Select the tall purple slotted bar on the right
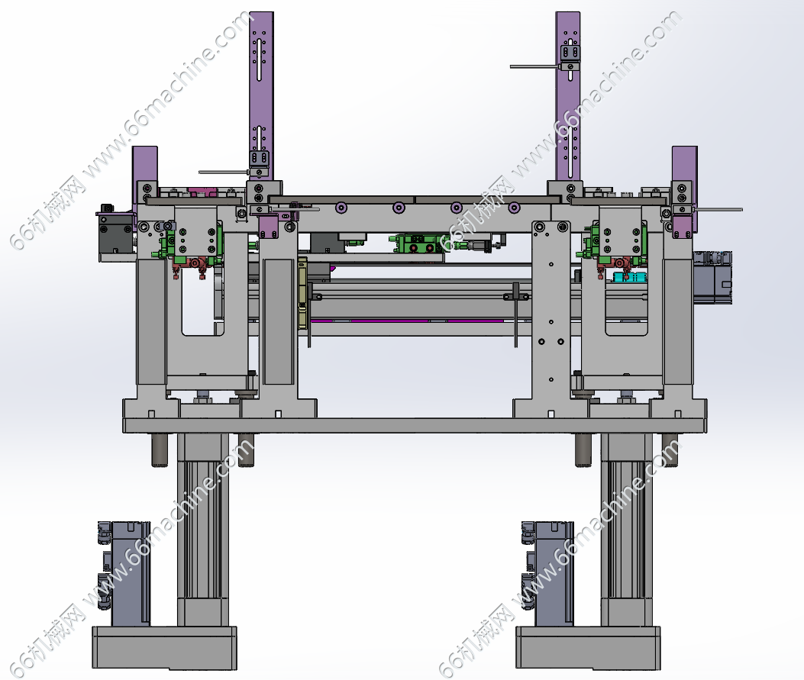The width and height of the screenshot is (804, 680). (568, 98)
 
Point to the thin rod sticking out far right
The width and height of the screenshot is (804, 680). (717, 209)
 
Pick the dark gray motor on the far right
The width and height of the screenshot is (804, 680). (712, 279)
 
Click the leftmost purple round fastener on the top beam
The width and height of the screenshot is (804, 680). (340, 208)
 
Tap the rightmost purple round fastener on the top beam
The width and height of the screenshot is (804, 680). (514, 208)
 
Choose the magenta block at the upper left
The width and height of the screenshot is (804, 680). (203, 192)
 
